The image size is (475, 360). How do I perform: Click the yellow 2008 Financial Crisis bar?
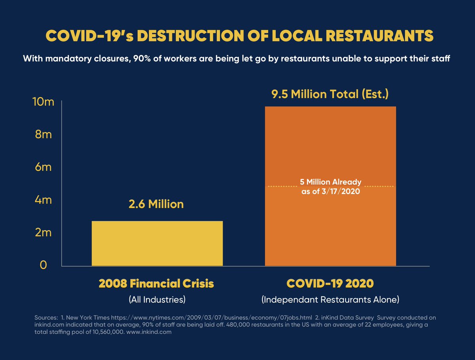coord(157,243)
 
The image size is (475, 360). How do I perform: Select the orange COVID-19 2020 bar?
coord(330,222)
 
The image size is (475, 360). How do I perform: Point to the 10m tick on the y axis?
coord(42,102)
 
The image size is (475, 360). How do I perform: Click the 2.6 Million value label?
coord(156,204)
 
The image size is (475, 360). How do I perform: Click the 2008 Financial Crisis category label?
coord(157,284)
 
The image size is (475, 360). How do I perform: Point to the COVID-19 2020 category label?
coord(330,284)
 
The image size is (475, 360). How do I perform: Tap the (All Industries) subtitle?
coord(157,299)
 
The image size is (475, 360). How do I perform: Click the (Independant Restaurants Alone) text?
coord(330,299)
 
